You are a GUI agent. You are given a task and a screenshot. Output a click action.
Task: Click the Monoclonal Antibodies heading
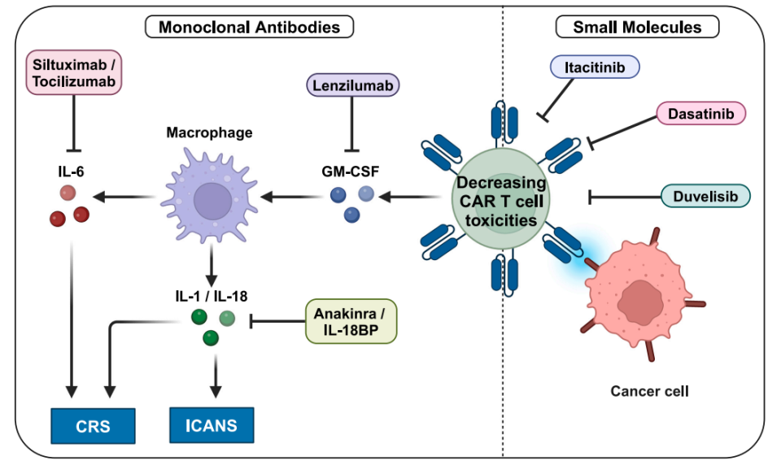point(249,28)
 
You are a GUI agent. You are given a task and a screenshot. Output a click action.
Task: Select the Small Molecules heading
point(637,28)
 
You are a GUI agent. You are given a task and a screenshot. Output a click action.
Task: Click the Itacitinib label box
point(595,67)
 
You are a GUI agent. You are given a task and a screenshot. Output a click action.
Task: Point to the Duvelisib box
point(705,196)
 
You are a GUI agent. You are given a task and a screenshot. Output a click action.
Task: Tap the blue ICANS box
point(212,424)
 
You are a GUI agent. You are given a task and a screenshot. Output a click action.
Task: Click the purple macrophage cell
point(211,200)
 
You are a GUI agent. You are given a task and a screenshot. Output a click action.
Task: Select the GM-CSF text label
point(352,172)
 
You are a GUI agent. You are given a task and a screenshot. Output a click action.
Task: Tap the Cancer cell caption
point(649,391)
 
